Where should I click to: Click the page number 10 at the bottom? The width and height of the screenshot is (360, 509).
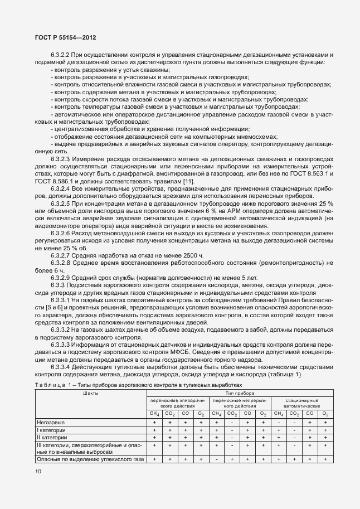coord(38,472)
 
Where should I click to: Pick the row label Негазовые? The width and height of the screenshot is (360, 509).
coord(50,423)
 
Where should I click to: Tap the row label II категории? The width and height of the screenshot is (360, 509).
coord(52,438)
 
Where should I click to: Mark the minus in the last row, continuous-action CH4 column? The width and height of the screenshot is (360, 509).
coord(216,459)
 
